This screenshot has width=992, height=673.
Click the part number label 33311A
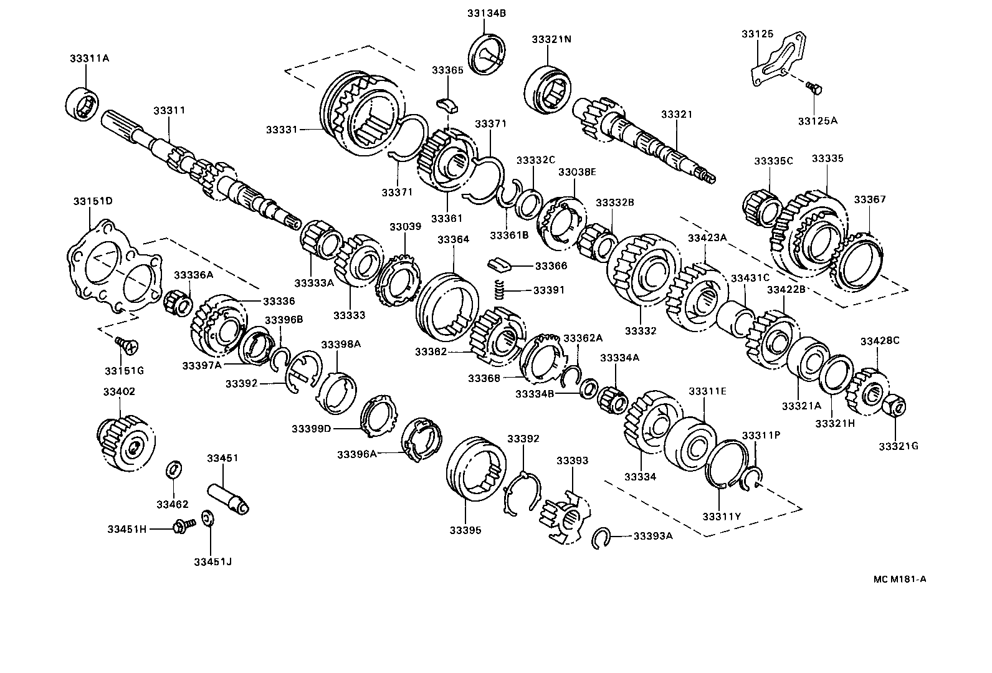point(89,59)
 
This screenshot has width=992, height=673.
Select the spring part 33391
point(498,290)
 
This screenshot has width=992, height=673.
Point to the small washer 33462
point(174,469)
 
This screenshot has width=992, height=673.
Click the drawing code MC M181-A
point(899,579)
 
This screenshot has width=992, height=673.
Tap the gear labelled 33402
point(126,443)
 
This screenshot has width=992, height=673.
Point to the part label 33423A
point(707,237)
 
